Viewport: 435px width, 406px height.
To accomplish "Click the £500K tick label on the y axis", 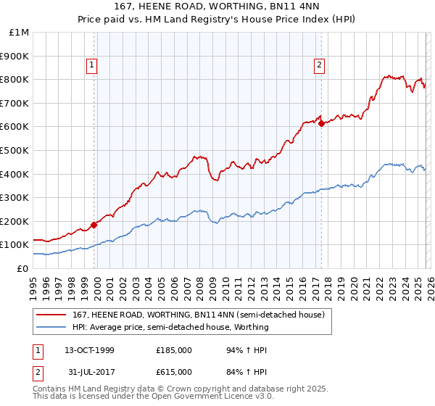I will [x=14, y=150].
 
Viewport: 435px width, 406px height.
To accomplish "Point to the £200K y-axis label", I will [x=14, y=221].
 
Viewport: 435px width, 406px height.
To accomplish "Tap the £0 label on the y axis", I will [x=22, y=268].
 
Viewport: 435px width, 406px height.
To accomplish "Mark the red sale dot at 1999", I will [x=94, y=225].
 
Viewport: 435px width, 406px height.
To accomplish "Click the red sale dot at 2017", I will [x=321, y=123].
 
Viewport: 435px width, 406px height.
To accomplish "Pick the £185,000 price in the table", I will [x=174, y=350].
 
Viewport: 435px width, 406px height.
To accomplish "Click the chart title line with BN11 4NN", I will [x=217, y=7].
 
